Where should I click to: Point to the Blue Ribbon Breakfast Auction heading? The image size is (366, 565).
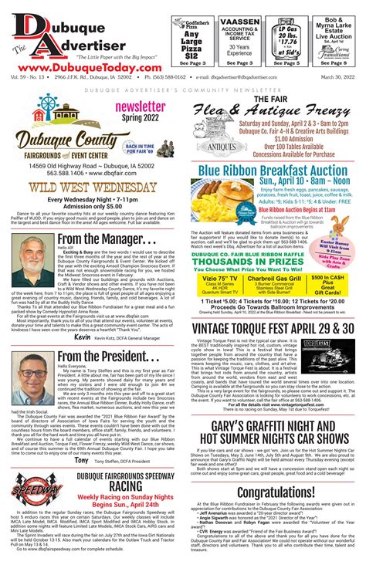(273, 171)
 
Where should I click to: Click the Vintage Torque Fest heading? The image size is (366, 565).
(273, 329)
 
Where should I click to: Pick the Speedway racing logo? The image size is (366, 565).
(32, 494)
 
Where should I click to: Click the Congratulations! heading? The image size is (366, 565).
(273, 492)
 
